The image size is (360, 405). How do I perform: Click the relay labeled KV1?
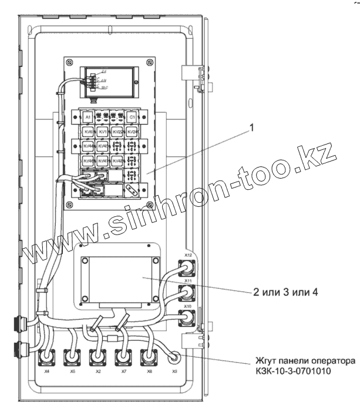103,132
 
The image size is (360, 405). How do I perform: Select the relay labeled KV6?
89,132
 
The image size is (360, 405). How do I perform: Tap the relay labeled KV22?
118,132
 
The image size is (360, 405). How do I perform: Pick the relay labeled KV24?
132,132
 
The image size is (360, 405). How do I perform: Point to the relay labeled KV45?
103,146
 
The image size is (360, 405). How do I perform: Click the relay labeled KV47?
103,160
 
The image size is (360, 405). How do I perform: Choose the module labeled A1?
88,118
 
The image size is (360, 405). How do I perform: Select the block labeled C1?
132,118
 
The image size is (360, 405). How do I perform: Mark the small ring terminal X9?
173,356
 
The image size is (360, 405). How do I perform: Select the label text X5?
72,371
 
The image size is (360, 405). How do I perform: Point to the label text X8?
150,371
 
